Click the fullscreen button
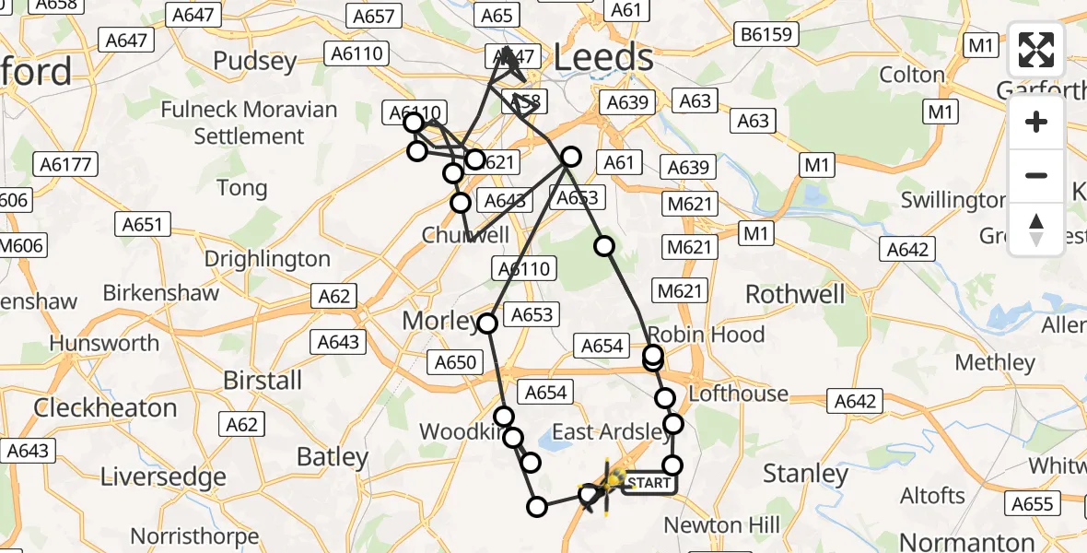click(x=1036, y=50)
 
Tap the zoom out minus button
click(x=1036, y=175)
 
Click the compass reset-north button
click(x=1036, y=229)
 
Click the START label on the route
click(x=649, y=483)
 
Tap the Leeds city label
click(x=603, y=58)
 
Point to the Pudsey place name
click(x=254, y=62)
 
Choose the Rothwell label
click(x=794, y=294)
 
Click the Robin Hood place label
click(x=707, y=334)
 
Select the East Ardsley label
click(x=612, y=432)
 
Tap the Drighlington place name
click(x=266, y=259)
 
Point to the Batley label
click(x=332, y=456)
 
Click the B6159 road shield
click(x=765, y=36)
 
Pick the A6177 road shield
click(x=64, y=165)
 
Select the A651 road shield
click(x=142, y=225)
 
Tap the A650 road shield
click(x=456, y=362)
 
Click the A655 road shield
click(x=1032, y=503)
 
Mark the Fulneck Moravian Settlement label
click(x=249, y=123)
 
